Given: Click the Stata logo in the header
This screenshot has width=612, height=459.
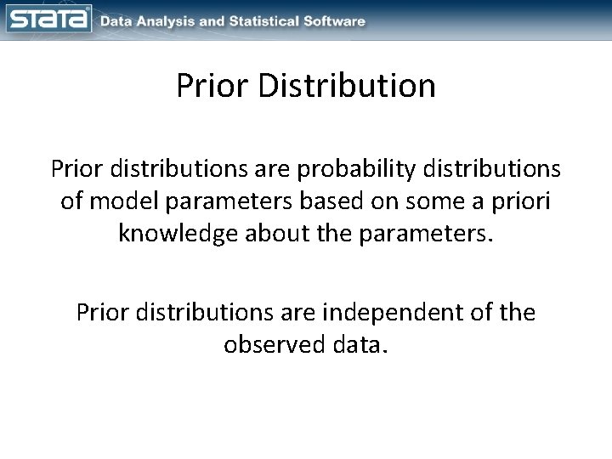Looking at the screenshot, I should (x=48, y=19).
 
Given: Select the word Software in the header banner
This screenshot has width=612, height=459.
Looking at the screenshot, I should (x=336, y=20).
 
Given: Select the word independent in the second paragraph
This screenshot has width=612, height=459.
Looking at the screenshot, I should (x=395, y=314).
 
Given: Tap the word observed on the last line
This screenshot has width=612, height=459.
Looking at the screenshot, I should (x=273, y=346).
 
